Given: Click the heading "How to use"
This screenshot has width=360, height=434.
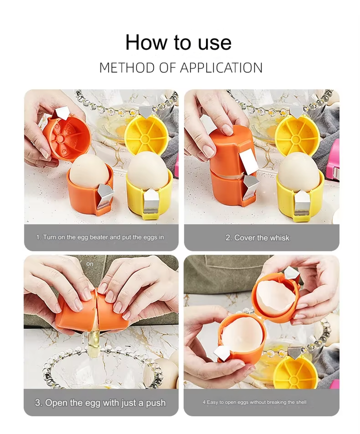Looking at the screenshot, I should coord(178,42).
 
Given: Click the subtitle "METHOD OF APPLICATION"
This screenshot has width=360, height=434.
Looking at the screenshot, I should coord(180,68).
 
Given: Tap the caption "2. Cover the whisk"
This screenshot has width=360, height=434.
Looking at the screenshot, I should coord(257,237).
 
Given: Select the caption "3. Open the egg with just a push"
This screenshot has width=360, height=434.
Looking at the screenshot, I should coord(100,402).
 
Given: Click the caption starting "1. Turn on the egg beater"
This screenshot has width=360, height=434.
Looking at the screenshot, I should coord(100,237).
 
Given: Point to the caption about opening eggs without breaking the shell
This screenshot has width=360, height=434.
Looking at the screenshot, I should coord(254,402).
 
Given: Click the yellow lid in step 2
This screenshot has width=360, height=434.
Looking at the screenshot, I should coord(297,134).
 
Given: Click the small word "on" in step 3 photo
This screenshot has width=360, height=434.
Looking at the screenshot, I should coord(89,263).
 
